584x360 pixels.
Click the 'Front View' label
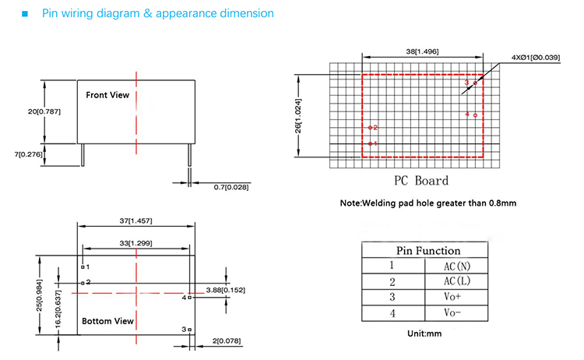coord(107,95)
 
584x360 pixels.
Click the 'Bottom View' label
coord(107,321)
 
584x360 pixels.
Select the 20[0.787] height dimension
coord(44,111)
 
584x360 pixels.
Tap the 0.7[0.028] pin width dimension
coord(231,187)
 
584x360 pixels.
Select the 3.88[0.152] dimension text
coord(225,291)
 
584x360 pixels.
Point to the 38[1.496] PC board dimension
coord(422,51)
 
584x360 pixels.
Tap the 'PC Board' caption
coord(420,181)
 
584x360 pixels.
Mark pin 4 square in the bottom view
coord(189,298)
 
